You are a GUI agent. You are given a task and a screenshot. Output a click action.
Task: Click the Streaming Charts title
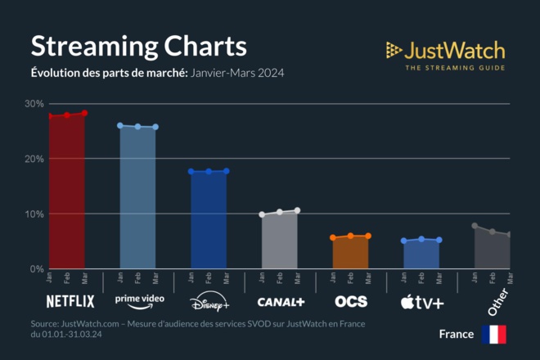click(138, 45)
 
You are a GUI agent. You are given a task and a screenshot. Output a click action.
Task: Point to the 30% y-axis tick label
click(34, 104)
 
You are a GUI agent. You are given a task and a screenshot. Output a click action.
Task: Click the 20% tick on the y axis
click(34, 159)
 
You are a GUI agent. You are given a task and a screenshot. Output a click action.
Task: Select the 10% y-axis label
click(34, 214)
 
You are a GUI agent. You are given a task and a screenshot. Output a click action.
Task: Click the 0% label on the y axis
click(36, 269)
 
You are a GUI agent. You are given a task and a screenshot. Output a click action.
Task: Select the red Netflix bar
click(67, 192)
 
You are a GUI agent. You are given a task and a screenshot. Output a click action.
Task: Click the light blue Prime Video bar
click(137, 198)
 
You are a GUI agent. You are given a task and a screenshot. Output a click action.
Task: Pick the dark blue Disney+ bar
click(209, 220)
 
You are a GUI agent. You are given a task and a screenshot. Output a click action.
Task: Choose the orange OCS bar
click(351, 253)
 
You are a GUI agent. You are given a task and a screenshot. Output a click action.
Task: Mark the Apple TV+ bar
click(421, 254)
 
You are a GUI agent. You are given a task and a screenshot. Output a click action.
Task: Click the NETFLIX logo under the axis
click(70, 301)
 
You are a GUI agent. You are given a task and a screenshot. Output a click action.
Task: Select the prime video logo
click(140, 300)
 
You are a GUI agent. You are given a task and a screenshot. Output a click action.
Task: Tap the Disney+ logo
click(209, 304)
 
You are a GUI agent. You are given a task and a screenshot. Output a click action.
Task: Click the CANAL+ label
click(281, 302)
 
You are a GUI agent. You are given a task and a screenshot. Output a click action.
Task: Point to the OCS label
click(351, 302)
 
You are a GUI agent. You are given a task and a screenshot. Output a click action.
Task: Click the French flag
click(493, 334)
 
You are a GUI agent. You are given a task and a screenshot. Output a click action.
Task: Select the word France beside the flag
click(457, 334)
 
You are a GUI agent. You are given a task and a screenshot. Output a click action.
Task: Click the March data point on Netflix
click(84, 113)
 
